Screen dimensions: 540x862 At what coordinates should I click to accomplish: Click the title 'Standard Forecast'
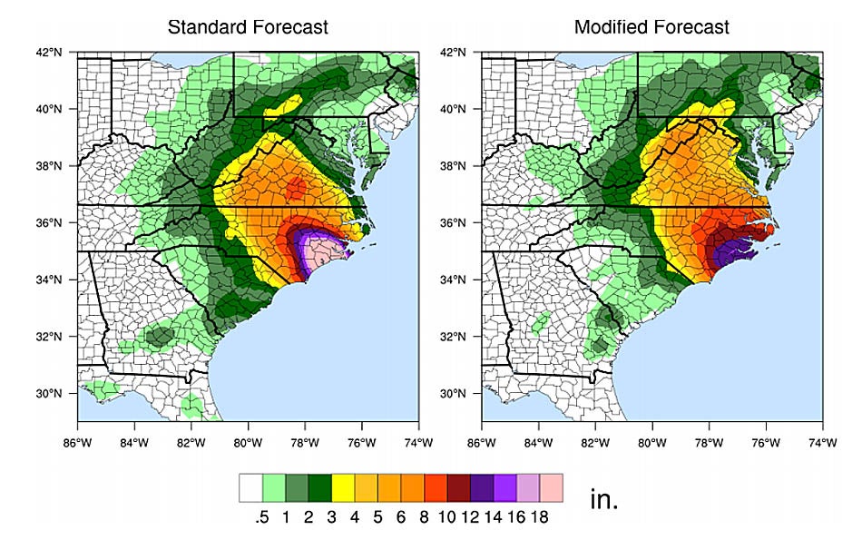pos(248,27)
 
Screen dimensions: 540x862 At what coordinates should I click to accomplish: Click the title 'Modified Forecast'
pos(651,27)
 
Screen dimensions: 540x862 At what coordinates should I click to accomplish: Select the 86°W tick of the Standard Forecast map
pos(78,443)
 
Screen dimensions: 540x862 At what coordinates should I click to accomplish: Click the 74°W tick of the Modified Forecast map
pos(822,443)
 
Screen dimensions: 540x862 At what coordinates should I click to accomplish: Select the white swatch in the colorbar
pos(250,487)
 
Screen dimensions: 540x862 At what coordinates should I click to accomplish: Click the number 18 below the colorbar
pos(541,516)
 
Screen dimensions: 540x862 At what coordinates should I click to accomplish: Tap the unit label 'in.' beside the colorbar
pos(603,500)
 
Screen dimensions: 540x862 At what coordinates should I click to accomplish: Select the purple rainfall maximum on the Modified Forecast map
pos(726,251)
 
